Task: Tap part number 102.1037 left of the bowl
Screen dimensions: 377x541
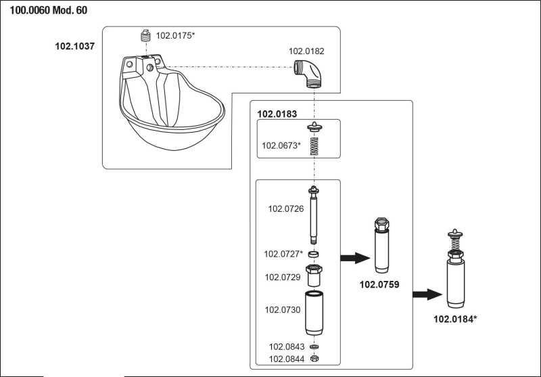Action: click(74, 46)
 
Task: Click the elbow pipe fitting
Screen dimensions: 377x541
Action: click(308, 74)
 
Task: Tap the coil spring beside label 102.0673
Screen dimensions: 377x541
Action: click(313, 144)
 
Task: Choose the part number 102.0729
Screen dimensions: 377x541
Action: click(281, 277)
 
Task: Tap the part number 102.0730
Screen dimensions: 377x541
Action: click(281, 310)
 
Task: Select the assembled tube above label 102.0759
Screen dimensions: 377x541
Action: click(383, 246)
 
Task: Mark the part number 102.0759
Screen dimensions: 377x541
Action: click(381, 286)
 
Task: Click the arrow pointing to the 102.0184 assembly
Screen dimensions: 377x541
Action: click(425, 293)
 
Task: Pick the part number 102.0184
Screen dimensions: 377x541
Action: click(455, 317)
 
